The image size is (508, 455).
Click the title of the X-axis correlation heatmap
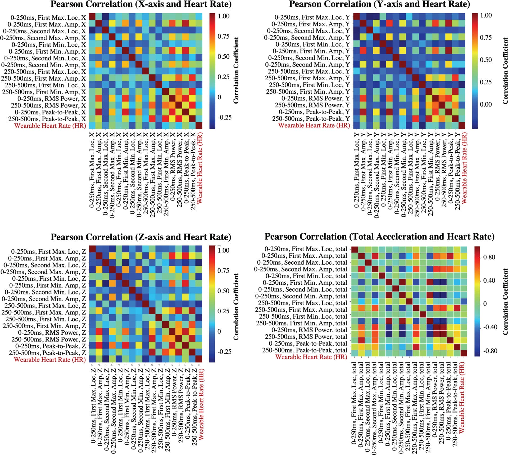(x=141, y=5)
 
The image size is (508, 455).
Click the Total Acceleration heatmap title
(x=379, y=237)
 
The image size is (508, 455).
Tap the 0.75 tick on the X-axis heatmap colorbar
(x=224, y=37)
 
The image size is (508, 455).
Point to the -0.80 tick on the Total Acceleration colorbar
(x=490, y=351)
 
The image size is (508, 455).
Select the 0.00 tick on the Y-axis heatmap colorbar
(x=486, y=104)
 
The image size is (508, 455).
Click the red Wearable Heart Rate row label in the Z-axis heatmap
(x=50, y=360)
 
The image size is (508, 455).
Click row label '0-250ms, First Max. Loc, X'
(x=48, y=18)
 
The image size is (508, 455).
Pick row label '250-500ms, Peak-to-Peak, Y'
(x=311, y=119)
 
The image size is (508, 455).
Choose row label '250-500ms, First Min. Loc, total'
(x=303, y=316)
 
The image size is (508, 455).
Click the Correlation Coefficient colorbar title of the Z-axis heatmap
(x=236, y=307)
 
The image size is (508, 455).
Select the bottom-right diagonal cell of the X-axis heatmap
(x=199, y=126)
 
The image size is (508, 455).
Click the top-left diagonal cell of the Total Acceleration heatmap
(x=354, y=249)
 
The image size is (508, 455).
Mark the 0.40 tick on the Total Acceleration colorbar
(x=489, y=280)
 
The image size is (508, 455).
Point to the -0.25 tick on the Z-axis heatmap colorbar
(x=224, y=352)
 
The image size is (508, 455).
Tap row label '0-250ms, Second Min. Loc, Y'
(x=309, y=58)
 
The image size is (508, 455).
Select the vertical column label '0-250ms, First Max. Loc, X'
(x=92, y=169)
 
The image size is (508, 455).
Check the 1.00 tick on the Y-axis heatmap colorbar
(x=486, y=15)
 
